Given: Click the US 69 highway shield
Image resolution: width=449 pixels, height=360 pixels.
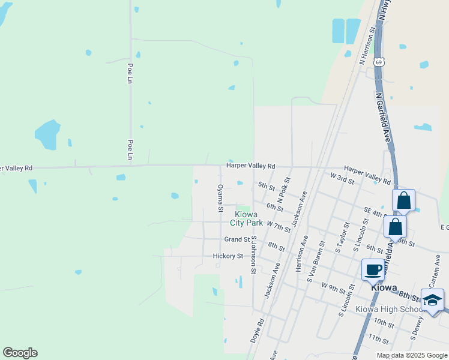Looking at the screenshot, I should (x=378, y=62).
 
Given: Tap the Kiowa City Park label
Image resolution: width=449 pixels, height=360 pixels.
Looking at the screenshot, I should (x=247, y=218).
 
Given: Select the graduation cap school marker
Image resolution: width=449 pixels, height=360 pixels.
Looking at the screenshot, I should (x=433, y=301).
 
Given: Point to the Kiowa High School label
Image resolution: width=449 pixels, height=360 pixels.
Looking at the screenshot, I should (x=390, y=309).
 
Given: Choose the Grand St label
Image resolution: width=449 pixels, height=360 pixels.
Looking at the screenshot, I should (x=237, y=239).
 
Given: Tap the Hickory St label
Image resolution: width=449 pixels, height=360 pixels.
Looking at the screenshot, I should (x=228, y=256).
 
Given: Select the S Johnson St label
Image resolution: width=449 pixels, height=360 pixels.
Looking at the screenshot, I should (x=254, y=255).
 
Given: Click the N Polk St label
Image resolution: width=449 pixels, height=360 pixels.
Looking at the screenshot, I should (x=284, y=190).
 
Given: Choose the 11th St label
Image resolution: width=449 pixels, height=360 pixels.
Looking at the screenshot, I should (x=379, y=340).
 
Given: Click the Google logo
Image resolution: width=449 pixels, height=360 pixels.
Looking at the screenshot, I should (x=20, y=353).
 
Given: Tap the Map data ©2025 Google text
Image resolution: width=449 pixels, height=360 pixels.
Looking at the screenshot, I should (x=411, y=355).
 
